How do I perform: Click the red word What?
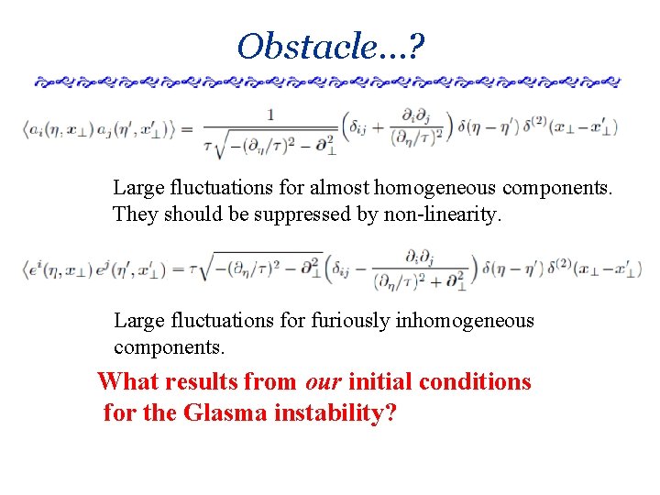click(127, 381)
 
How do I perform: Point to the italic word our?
click(322, 381)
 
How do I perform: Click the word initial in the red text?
click(379, 381)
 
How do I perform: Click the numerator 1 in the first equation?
click(270, 115)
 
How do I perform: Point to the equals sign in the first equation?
click(188, 128)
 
